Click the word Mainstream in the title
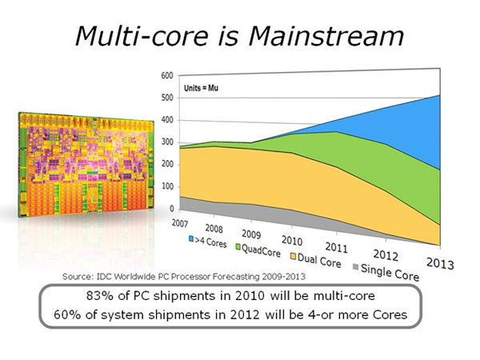[326, 36]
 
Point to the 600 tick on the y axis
[167, 75]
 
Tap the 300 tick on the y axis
[167, 142]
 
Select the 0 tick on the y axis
[171, 209]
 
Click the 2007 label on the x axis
[180, 223]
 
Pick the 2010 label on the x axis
[292, 241]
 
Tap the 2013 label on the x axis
[440, 263]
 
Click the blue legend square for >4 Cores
[191, 238]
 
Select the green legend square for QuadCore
[238, 246]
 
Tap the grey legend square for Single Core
[355, 267]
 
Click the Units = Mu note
[201, 88]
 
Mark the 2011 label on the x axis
[337, 248]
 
